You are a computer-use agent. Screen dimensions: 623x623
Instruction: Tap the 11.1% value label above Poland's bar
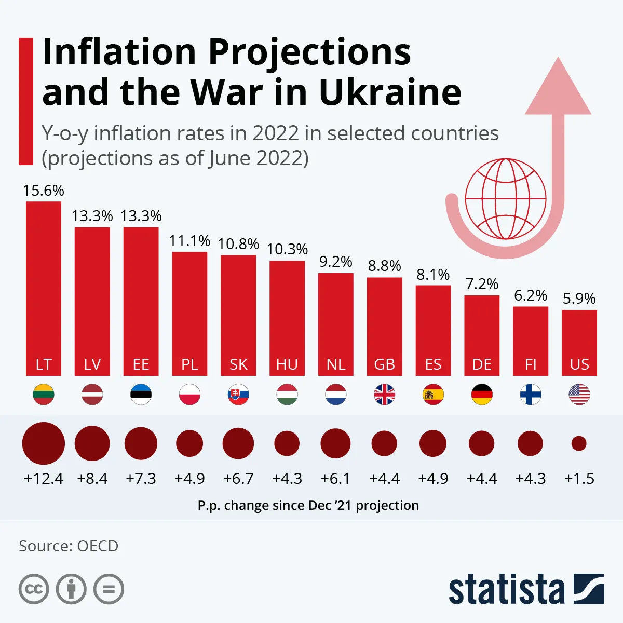[x=189, y=241]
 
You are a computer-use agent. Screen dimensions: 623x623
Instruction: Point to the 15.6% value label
[x=44, y=191]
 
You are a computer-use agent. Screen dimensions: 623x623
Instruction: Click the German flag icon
[x=482, y=395]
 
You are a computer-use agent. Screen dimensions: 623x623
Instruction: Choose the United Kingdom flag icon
[x=384, y=395]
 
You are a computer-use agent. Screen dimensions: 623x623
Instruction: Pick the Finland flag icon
[x=531, y=395]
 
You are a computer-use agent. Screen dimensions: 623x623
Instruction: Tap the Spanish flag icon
[x=433, y=395]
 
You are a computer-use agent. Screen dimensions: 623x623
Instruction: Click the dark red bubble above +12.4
[x=44, y=443]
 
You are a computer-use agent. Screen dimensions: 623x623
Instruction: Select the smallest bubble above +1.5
[x=579, y=443]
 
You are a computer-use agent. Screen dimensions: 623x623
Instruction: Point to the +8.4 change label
[x=92, y=478]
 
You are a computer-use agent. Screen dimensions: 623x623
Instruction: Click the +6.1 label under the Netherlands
[x=335, y=478]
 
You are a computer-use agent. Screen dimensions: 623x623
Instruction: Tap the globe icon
[x=506, y=199]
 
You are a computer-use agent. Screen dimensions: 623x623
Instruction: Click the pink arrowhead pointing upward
[x=558, y=88]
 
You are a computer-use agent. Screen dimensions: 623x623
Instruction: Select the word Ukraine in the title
[x=390, y=92]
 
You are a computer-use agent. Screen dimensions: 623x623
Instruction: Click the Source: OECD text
[x=69, y=546]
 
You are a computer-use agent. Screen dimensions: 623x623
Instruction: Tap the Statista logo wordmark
[x=506, y=590]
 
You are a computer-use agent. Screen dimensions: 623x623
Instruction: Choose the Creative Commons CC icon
[x=34, y=589]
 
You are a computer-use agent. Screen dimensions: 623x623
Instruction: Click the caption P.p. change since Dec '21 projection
[x=308, y=505]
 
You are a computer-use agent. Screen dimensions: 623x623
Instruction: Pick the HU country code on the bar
[x=287, y=364]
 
